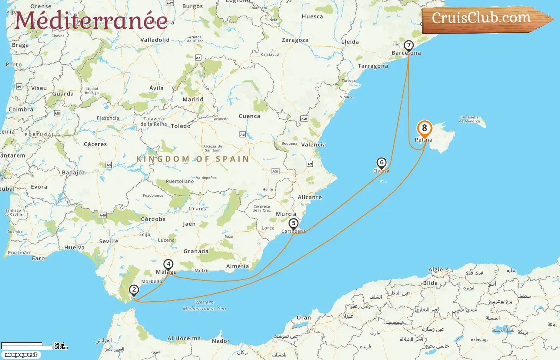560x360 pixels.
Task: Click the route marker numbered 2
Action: [134, 290]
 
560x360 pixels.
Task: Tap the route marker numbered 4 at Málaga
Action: [168, 264]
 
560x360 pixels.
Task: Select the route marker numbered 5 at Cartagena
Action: [294, 224]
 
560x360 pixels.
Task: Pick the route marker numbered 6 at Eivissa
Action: [382, 163]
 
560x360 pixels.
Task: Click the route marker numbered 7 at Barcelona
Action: [408, 45]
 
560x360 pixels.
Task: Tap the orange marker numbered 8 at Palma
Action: [424, 129]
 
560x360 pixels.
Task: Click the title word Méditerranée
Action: [91, 21]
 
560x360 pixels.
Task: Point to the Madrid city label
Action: [193, 100]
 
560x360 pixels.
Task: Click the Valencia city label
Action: [313, 145]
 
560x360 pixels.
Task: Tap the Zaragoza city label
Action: [295, 40]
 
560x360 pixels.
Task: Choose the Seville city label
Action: [109, 242]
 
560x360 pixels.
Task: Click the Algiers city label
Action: [438, 270]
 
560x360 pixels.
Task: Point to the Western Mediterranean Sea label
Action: [204, 306]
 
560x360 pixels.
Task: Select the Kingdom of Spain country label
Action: [193, 159]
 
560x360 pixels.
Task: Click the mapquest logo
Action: [21, 355]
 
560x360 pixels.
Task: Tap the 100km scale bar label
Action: [61, 348]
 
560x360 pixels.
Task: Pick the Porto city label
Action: [14, 65]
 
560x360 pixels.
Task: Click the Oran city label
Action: [304, 318]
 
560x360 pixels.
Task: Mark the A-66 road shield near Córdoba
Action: [103, 215]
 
